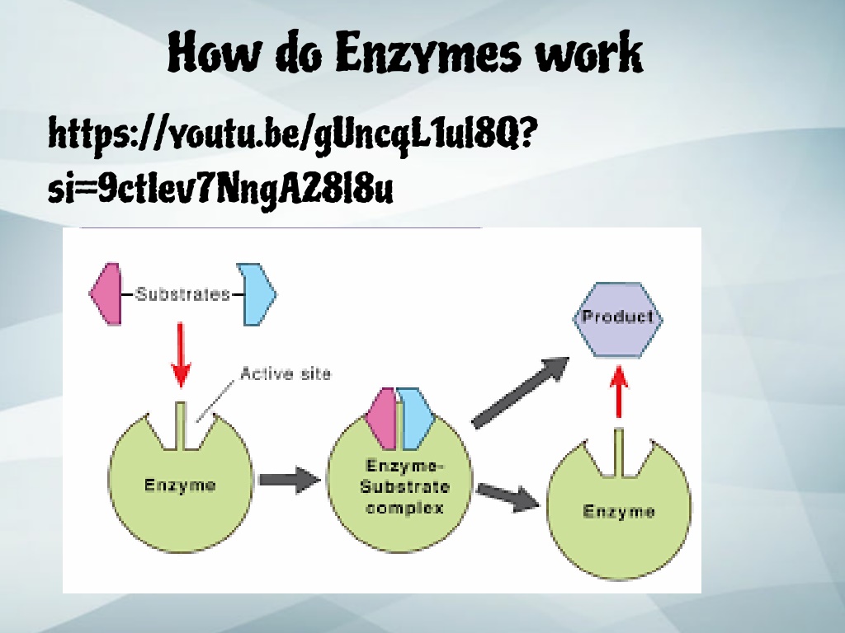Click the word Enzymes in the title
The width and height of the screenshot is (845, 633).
429,52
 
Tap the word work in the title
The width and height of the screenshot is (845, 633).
589,52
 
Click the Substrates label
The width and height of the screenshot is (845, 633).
182,294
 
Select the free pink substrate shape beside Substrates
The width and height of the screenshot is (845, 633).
106,294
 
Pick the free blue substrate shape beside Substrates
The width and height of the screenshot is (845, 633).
257,294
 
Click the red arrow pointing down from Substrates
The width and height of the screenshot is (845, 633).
181,355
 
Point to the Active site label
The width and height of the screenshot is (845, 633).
286,373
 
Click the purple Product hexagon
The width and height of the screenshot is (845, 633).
617,320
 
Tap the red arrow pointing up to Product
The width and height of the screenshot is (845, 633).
619,392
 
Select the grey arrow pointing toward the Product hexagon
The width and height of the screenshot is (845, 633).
520,392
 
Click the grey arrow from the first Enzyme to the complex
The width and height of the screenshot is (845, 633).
290,480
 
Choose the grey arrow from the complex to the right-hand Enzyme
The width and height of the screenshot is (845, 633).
508,497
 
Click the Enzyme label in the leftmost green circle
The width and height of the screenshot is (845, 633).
180,485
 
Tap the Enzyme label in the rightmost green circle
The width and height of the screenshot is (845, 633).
619,511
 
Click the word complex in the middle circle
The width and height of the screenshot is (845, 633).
404,508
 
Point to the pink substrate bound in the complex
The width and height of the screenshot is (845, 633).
381,419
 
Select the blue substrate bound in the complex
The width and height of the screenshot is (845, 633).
417,419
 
